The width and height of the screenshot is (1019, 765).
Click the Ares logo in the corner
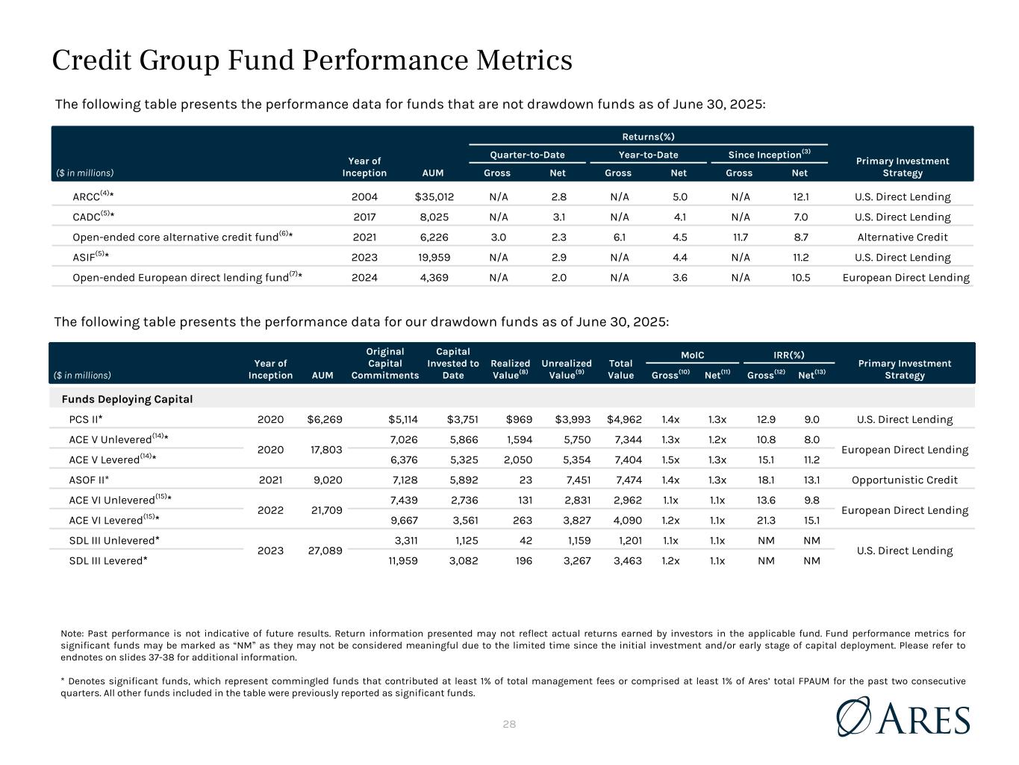[x=903, y=717]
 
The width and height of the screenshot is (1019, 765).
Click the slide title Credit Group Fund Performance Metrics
[x=312, y=61]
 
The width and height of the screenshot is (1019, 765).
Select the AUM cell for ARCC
[x=434, y=197]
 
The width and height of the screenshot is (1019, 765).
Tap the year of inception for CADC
[x=364, y=217]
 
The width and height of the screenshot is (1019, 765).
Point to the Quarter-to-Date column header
[x=527, y=155]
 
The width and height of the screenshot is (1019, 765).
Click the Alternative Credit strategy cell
[x=903, y=238]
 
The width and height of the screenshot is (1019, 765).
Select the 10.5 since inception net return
[x=800, y=278]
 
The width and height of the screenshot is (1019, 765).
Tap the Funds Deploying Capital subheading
[x=127, y=399]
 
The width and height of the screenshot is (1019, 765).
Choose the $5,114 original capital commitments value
[x=403, y=419]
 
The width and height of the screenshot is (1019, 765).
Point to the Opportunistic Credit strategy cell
[x=904, y=480]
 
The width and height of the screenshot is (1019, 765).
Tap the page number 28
[x=509, y=724]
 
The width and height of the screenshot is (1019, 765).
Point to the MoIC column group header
[x=692, y=355]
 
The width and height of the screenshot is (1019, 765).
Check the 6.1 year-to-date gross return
[x=619, y=238]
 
